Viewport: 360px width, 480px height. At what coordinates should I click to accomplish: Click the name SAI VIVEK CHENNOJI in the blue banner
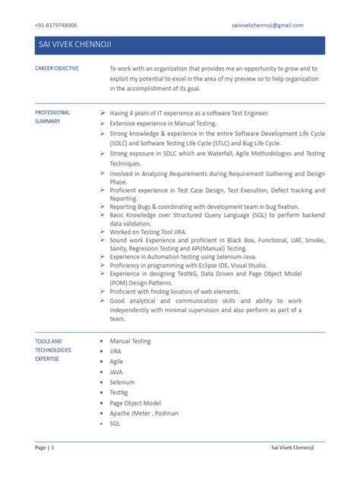pos(74,47)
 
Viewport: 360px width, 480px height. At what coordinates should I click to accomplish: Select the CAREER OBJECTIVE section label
pos(57,68)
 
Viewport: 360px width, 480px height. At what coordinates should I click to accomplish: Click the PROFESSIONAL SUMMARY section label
pos(53,116)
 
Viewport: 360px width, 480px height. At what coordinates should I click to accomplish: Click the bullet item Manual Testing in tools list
pos(130,342)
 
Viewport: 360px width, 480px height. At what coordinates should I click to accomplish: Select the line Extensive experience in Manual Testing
pos(163,122)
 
